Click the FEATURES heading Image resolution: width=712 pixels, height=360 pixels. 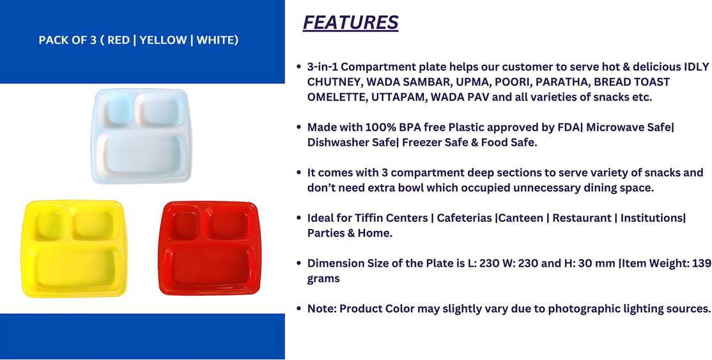pos(350,23)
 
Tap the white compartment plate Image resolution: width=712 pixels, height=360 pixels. pos(141,136)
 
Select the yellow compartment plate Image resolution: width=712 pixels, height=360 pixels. pos(74,248)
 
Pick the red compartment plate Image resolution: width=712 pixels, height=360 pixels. pos(210,247)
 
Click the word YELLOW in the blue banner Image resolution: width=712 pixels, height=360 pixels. pos(163,40)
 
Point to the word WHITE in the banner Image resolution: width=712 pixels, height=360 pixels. pos(215,40)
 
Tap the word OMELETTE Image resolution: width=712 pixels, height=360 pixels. pos(336,97)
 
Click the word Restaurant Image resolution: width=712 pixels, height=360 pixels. pos(582,218)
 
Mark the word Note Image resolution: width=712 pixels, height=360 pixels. pos(321,309)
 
